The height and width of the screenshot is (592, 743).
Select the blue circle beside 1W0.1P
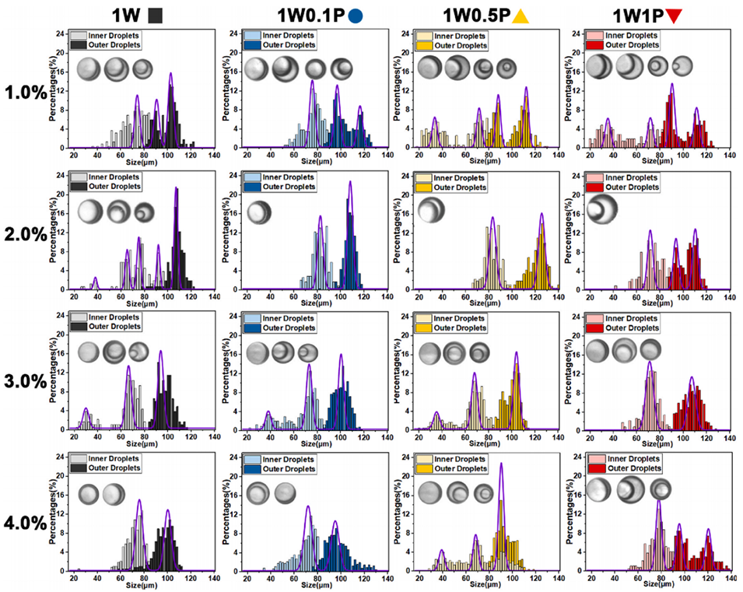coord(356,14)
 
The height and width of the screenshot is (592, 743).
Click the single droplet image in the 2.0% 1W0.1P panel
coord(259,212)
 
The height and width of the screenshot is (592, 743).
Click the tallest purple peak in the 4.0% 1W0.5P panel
coord(501,464)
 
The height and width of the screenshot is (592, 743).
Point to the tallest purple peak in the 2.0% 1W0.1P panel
coord(350,183)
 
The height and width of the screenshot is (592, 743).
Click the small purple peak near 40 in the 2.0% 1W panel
coord(96,278)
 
